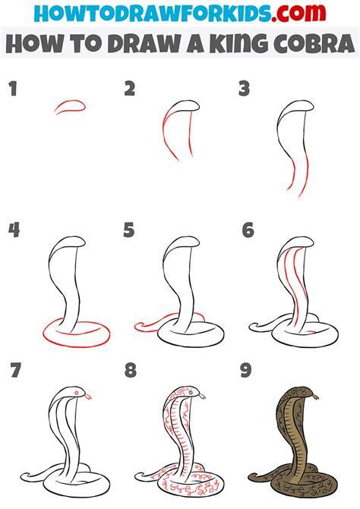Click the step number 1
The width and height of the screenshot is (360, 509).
pyautogui.click(x=13, y=89)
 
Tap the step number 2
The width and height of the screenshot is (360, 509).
pyautogui.click(x=130, y=89)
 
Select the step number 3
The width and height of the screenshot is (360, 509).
pyautogui.click(x=244, y=89)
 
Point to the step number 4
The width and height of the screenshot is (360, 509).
pyautogui.click(x=14, y=230)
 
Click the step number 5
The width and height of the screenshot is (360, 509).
pyautogui.click(x=129, y=230)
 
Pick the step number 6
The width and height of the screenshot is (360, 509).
pyautogui.click(x=248, y=230)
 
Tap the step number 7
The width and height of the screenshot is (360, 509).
pyautogui.click(x=15, y=370)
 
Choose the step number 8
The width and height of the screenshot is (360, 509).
pyautogui.click(x=131, y=370)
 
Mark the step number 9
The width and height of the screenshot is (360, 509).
pyautogui.click(x=246, y=370)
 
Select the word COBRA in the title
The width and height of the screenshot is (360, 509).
pyautogui.click(x=314, y=43)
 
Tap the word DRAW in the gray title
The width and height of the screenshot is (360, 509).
pyautogui.click(x=144, y=43)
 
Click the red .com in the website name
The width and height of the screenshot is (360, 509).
pyautogui.click(x=298, y=12)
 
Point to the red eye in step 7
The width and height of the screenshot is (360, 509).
pyautogui.click(x=77, y=393)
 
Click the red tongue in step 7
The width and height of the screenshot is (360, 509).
pyautogui.click(x=87, y=396)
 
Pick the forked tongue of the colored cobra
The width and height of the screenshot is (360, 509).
pyautogui.click(x=315, y=396)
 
